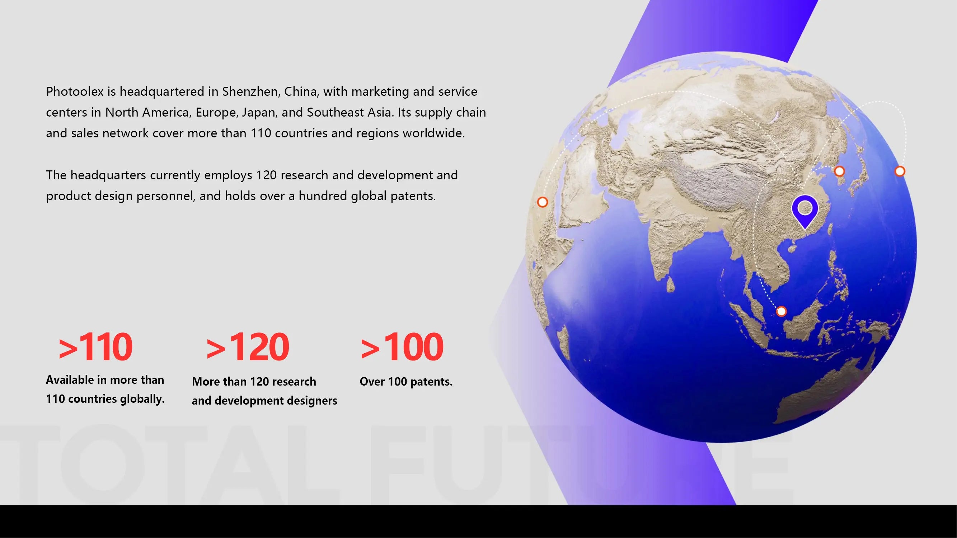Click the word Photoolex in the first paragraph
75,91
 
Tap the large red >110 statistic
95,347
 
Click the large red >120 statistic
248,347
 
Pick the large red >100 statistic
402,347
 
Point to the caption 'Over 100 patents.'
406,382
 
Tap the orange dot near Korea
840,171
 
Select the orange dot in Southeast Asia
781,311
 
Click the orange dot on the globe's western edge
543,202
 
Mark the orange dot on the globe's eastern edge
900,171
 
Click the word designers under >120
313,401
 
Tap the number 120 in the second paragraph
266,175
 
